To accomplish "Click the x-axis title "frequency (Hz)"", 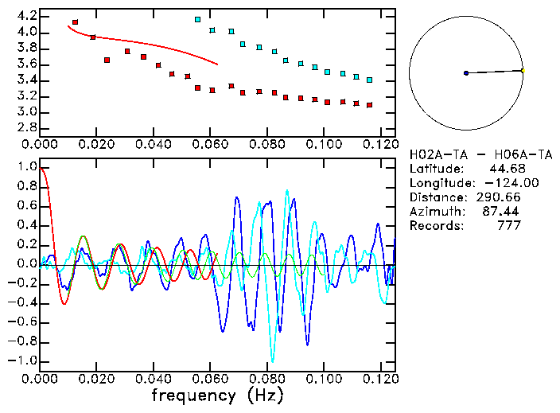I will (x=217, y=395).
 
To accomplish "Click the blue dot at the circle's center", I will (x=466, y=73).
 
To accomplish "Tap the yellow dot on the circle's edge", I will (x=523, y=70).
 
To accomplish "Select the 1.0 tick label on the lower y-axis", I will (x=26, y=167).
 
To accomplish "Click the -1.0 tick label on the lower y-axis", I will (x=23, y=360).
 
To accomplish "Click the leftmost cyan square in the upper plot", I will (x=197, y=19).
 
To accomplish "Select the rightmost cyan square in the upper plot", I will (x=369, y=80).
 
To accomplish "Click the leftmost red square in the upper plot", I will (x=75, y=22).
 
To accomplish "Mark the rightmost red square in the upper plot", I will (x=369, y=104).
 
